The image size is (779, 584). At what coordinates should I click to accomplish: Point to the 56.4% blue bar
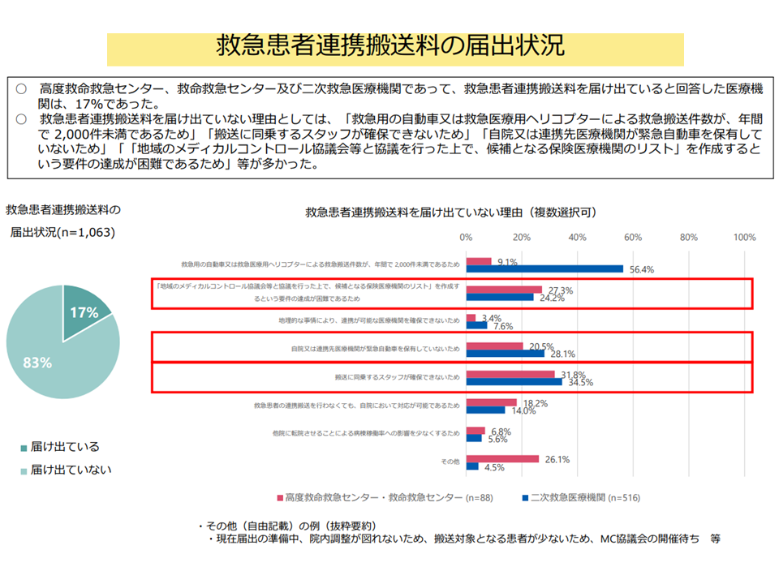[x=544, y=269]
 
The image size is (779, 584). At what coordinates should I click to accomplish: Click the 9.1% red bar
[x=479, y=261]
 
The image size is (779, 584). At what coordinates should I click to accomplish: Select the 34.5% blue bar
[x=514, y=381]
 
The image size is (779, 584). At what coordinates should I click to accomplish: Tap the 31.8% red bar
[x=510, y=374]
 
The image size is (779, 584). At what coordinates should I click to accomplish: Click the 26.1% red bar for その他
[x=502, y=458]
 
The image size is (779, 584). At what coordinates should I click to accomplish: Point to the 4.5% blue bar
[x=472, y=466]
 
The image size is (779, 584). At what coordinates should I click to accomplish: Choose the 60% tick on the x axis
[x=633, y=238]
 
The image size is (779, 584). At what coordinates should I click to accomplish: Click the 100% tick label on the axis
[x=744, y=238]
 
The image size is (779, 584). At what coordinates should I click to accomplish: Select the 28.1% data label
[x=563, y=354]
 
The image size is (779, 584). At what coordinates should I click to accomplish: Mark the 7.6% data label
[x=503, y=327]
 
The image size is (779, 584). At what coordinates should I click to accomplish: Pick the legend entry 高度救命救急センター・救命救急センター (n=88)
[x=377, y=497]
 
